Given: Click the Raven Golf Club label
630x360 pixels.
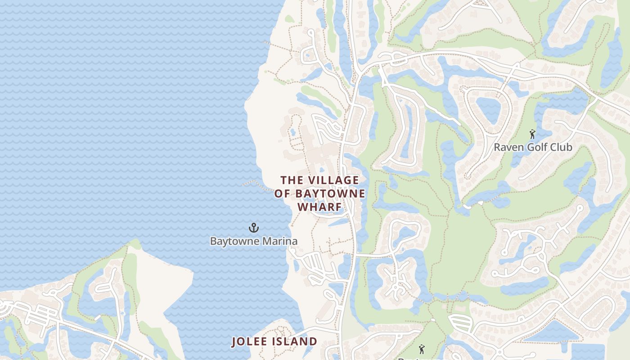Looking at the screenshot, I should coord(533,147).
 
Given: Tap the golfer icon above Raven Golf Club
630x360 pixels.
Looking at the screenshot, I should coord(533,134).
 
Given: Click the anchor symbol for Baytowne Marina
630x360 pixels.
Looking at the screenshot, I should coord(254,228).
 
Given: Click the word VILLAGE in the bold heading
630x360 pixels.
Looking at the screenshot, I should coord(333,180).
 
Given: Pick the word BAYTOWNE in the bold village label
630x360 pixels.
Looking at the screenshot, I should coord(330,194).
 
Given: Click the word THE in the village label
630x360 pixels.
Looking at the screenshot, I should coord(292,180).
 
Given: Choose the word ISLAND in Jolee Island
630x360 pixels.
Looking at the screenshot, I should coord(294,342).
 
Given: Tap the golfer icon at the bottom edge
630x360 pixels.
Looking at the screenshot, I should coord(421,349).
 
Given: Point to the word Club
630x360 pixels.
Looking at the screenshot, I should coord(562,147).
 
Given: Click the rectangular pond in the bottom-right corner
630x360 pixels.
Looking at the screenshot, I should coord(588,351).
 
